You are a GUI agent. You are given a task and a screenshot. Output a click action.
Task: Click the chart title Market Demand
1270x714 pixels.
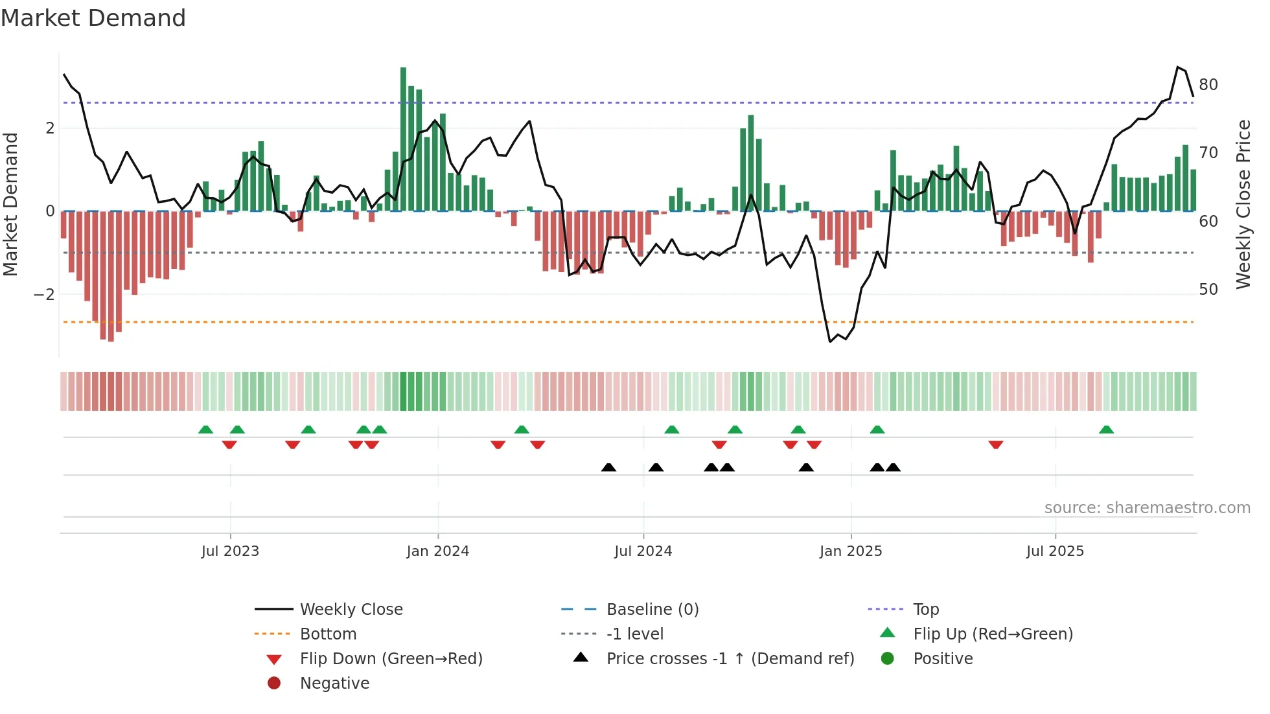tap(93, 18)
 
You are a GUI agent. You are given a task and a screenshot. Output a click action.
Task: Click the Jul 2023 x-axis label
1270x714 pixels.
tap(230, 551)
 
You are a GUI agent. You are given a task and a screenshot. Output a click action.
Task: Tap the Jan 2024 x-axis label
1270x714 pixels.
tap(437, 551)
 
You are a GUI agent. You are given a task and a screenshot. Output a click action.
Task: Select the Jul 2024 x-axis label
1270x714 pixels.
tap(643, 551)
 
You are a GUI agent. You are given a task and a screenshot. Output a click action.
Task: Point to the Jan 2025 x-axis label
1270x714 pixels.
tap(850, 551)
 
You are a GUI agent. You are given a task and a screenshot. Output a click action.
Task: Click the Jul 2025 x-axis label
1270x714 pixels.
tap(1055, 551)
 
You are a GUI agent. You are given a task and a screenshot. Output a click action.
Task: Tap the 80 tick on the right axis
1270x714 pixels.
tap(1208, 85)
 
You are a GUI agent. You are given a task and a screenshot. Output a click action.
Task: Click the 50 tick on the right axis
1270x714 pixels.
tap(1208, 290)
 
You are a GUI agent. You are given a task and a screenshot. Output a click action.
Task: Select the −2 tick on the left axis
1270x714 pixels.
tap(44, 295)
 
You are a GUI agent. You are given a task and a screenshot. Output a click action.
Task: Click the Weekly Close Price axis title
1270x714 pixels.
tap(1243, 204)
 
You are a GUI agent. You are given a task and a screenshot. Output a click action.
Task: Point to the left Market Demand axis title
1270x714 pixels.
tap(10, 204)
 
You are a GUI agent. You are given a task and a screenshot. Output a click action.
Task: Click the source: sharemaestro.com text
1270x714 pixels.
tap(1147, 508)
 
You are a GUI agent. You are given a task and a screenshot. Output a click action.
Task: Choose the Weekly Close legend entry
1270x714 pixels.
tap(351, 610)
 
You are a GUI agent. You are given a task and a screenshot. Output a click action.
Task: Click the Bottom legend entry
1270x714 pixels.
tap(328, 634)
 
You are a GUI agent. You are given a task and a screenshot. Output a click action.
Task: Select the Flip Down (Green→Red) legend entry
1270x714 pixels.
tap(391, 659)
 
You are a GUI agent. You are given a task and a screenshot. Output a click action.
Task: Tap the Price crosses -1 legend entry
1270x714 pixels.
tap(730, 659)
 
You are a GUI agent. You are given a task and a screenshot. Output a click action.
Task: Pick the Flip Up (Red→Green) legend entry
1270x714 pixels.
tap(993, 634)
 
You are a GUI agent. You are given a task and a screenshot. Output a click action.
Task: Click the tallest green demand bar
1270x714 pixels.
tap(403, 139)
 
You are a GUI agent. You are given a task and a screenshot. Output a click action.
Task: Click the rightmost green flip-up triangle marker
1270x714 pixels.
tap(1106, 430)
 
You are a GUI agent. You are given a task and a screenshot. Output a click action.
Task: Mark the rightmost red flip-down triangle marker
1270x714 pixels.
tap(996, 444)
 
